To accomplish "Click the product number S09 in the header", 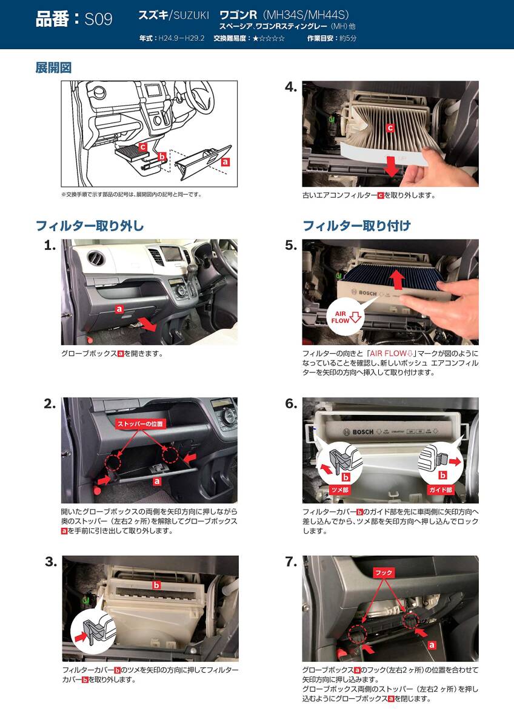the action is tap(98, 19).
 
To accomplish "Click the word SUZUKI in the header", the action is tap(192, 15).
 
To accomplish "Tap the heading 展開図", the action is tap(53, 68).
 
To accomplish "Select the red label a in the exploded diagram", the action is tap(225, 161).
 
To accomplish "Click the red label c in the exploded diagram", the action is tap(143, 147).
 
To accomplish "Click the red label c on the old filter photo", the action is tap(390, 128).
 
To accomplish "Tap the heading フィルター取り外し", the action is tap(90, 226).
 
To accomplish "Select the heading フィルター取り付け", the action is tap(356, 226).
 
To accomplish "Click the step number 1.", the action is tap(50, 246).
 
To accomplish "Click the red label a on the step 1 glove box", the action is tap(119, 309).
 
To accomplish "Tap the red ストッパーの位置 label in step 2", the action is tap(141, 424).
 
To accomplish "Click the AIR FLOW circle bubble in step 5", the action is tap(346, 317).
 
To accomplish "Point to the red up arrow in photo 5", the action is tap(397, 280).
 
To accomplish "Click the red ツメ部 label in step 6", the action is tap(339, 490).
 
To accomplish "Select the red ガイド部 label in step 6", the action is tap(441, 490).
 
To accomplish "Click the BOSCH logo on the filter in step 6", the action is tap(358, 432).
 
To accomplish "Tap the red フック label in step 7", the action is tap(384, 572).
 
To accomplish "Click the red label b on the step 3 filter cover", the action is tap(157, 585).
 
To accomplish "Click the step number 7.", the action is tap(292, 562).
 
